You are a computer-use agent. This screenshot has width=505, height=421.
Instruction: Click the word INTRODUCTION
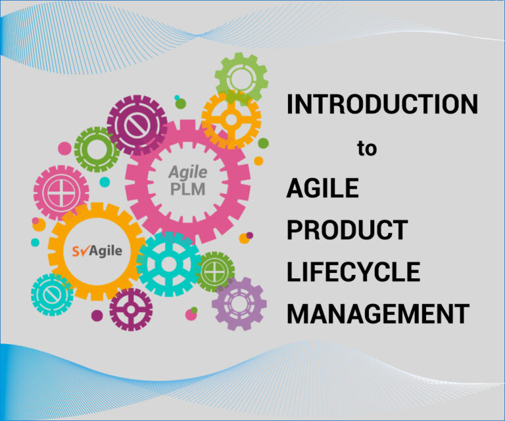(x=382, y=104)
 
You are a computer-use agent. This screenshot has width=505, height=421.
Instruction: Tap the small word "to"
(x=367, y=149)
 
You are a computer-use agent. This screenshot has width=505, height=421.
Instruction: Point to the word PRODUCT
(x=347, y=230)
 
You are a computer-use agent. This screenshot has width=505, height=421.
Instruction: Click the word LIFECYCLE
(x=353, y=272)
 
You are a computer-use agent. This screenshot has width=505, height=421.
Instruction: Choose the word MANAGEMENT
(x=378, y=313)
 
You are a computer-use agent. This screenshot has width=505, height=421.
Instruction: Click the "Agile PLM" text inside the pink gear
(x=188, y=181)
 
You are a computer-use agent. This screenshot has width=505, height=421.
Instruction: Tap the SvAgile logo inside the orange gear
(x=97, y=251)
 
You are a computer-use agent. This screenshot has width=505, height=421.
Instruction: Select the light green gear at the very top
(x=241, y=78)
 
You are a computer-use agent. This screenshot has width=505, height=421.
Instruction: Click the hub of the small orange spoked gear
(x=231, y=120)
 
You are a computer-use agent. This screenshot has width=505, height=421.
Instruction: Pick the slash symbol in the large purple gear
(x=137, y=125)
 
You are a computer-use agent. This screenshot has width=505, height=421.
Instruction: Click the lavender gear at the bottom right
(x=239, y=304)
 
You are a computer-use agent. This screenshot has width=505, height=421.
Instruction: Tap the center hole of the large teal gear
(x=168, y=264)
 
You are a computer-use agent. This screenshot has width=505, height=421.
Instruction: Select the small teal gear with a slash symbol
(x=52, y=295)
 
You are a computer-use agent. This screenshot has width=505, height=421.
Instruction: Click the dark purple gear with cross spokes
(x=131, y=310)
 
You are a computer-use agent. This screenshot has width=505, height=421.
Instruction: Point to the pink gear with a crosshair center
(x=61, y=193)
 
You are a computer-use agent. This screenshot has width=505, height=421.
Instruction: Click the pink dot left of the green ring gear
(x=64, y=148)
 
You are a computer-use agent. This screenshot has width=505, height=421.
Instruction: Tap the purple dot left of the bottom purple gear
(x=97, y=316)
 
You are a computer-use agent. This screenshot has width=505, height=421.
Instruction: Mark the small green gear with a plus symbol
(x=215, y=272)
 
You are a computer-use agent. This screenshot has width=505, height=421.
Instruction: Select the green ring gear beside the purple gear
(x=97, y=149)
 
